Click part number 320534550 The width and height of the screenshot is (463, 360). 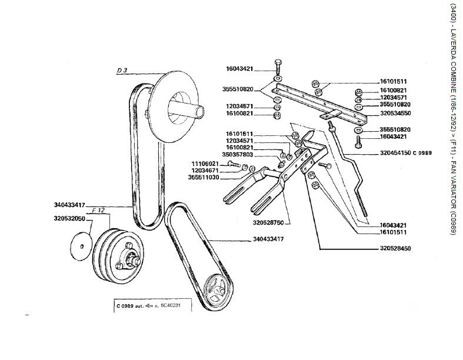click(396, 112)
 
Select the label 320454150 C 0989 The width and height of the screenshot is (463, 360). click(406, 152)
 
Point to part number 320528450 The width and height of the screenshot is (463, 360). click(395, 249)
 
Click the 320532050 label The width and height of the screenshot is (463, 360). click(69, 218)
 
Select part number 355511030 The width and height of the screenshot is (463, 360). click(204, 177)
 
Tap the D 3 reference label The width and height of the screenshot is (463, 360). click(122, 71)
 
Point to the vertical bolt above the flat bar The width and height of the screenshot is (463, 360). click(278, 67)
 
